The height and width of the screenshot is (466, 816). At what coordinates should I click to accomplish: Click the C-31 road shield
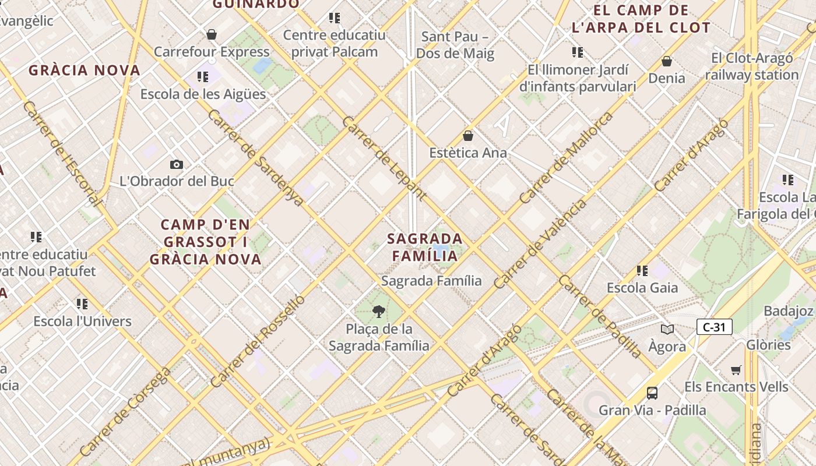click(x=714, y=327)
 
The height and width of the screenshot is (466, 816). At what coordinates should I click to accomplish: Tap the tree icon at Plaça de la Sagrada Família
click(x=379, y=311)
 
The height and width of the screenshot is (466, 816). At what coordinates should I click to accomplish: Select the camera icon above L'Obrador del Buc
click(x=177, y=165)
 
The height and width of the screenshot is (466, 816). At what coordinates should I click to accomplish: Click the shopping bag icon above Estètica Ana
click(x=467, y=136)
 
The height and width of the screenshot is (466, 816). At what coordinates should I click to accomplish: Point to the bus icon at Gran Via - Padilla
click(x=652, y=393)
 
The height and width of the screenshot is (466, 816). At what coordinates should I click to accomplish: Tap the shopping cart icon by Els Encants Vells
click(x=736, y=370)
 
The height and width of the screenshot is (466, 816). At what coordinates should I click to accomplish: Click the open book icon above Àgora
click(x=667, y=329)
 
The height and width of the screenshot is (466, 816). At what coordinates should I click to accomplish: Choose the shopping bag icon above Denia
click(x=667, y=61)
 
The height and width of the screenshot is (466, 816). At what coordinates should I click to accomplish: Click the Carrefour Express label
click(x=212, y=52)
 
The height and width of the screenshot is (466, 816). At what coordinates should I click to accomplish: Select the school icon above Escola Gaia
click(x=642, y=270)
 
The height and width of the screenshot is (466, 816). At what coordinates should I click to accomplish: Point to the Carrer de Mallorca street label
click(x=566, y=158)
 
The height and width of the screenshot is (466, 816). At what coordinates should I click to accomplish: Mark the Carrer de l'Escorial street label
click(x=62, y=154)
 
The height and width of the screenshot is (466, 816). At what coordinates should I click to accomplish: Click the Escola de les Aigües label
click(x=203, y=94)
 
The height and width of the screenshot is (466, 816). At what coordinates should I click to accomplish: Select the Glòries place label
click(x=768, y=344)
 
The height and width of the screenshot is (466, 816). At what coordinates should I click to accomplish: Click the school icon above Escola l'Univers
click(x=82, y=304)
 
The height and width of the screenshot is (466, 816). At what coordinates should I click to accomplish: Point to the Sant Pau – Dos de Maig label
click(x=455, y=45)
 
